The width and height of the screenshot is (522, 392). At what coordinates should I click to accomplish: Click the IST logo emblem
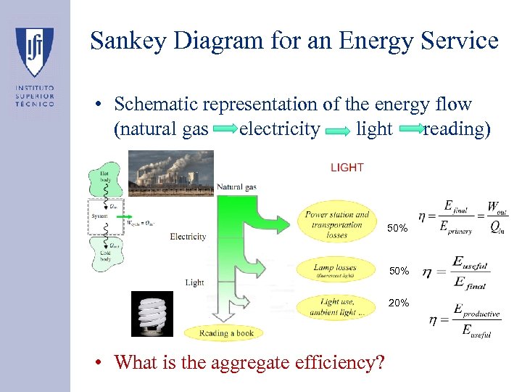[x=34, y=52]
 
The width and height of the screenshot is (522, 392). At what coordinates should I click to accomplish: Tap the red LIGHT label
[x=347, y=168]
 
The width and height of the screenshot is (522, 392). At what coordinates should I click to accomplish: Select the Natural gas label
[x=236, y=187]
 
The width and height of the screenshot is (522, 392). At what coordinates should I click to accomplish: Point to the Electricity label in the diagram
[x=188, y=237]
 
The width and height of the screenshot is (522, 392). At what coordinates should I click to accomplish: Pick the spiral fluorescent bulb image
[x=152, y=314]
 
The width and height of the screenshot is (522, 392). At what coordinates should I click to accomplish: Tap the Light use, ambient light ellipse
[x=337, y=307]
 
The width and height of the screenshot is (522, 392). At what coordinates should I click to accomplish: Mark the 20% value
[x=399, y=302]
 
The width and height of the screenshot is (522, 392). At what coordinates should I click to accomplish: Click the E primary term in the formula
[x=455, y=226]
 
